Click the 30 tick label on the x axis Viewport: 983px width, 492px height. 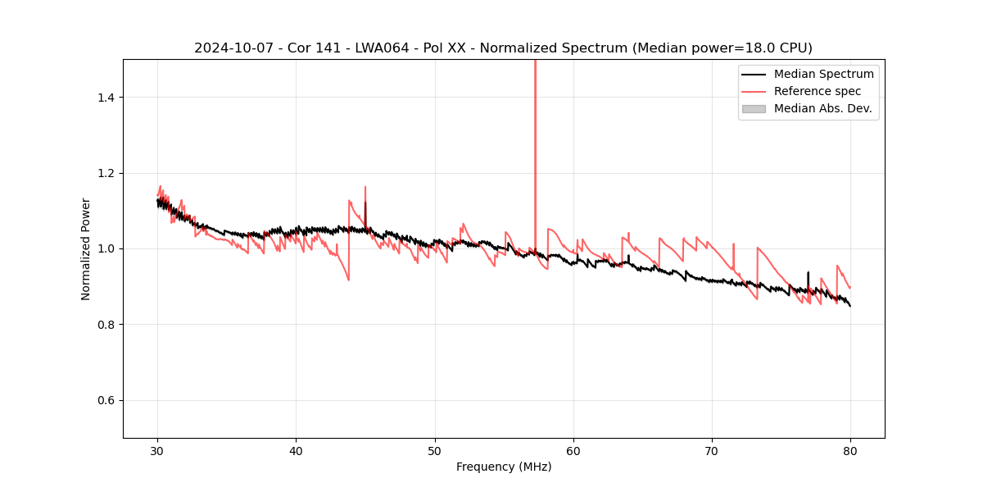(x=157, y=450)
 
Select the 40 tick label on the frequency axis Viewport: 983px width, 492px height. (x=296, y=450)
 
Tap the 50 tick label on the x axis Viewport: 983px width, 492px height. (x=435, y=450)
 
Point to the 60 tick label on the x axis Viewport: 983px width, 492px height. (x=573, y=450)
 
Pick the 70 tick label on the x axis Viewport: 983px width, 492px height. (x=712, y=450)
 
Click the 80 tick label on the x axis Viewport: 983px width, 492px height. (x=850, y=450)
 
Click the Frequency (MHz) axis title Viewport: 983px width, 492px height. (x=504, y=467)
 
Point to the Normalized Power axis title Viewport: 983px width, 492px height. (x=86, y=248)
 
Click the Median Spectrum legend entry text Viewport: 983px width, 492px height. (x=823, y=74)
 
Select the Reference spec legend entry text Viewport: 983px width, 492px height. (x=818, y=91)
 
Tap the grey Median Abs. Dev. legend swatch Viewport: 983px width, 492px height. (x=754, y=108)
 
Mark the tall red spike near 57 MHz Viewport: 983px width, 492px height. (x=535, y=123)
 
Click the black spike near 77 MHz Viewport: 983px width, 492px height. (x=808, y=279)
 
